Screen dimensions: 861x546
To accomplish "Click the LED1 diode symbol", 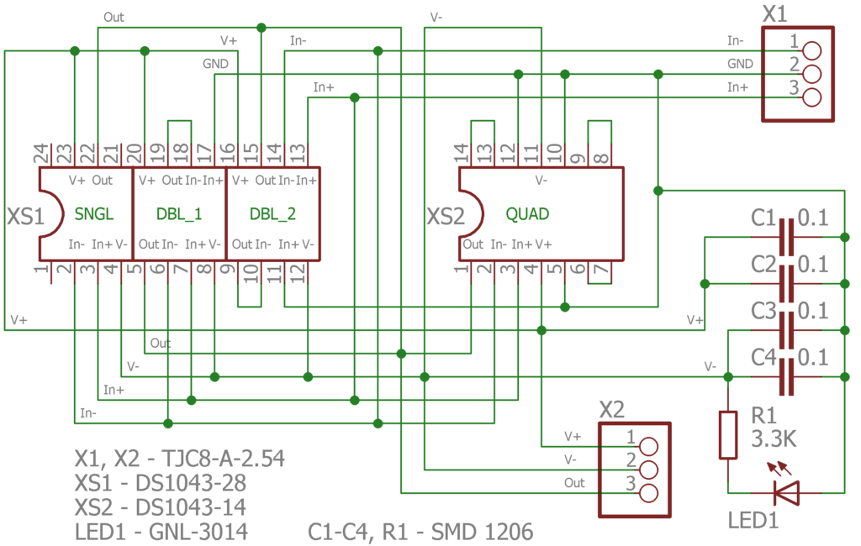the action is pyautogui.click(x=786, y=492).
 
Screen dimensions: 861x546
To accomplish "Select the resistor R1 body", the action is pyautogui.click(x=728, y=434).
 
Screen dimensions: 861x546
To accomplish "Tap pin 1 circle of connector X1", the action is pyautogui.click(x=811, y=51).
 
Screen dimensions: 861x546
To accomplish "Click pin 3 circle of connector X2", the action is pyautogui.click(x=648, y=493).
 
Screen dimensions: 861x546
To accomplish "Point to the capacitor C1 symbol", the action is pyautogui.click(x=787, y=237).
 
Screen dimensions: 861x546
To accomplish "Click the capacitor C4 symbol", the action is pyautogui.click(x=787, y=376).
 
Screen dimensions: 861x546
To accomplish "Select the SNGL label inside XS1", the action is pyautogui.click(x=94, y=213).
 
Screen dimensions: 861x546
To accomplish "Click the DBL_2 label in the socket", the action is pyautogui.click(x=272, y=214).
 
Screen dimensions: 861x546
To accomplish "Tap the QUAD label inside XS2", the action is pyautogui.click(x=527, y=214).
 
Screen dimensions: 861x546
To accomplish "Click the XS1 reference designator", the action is pyautogui.click(x=25, y=216).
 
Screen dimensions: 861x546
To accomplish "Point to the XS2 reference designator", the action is pyautogui.click(x=446, y=216).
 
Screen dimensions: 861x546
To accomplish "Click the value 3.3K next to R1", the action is pyautogui.click(x=774, y=438).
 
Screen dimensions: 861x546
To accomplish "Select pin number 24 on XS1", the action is pyautogui.click(x=41, y=154).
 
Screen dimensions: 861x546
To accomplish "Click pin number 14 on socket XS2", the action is pyautogui.click(x=461, y=154).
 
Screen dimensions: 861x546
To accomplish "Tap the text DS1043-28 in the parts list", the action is pyautogui.click(x=191, y=483).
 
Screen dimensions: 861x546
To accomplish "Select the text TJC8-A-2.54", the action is pyautogui.click(x=223, y=459).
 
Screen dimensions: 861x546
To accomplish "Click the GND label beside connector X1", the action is pyautogui.click(x=740, y=64).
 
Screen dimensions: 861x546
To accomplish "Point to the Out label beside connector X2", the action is pyautogui.click(x=574, y=483).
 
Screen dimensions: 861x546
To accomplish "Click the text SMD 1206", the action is pyautogui.click(x=482, y=532).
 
